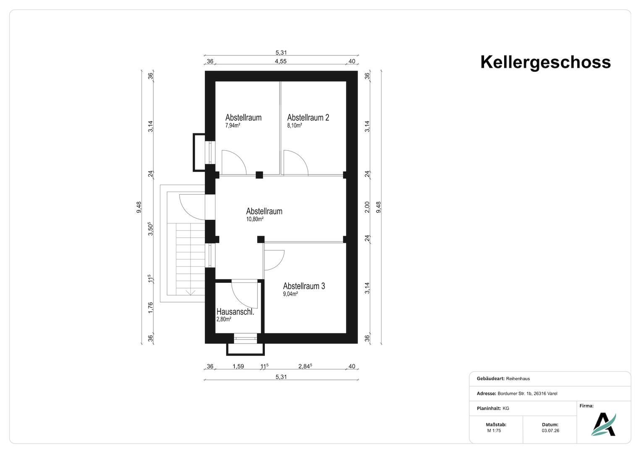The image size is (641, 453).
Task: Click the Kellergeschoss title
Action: pyautogui.click(x=545, y=62)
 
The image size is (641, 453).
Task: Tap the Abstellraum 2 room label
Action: pyautogui.click(x=308, y=117)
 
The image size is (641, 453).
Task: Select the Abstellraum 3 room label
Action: pyautogui.click(x=304, y=286)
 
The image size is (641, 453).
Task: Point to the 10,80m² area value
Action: pyautogui.click(x=255, y=219)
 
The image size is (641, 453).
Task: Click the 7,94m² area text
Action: pyautogui.click(x=233, y=125)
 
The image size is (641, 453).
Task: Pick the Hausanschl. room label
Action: pyautogui.click(x=235, y=312)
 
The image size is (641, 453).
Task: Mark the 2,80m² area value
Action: pyautogui.click(x=224, y=319)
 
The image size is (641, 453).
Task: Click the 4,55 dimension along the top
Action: pyautogui.click(x=281, y=61)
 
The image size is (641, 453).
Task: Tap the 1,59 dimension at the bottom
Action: pyautogui.click(x=238, y=366)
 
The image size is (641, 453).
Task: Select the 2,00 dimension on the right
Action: pyautogui.click(x=367, y=207)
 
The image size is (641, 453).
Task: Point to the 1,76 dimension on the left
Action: pyautogui.click(x=151, y=308)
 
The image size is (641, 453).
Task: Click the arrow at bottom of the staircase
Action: pyautogui.click(x=191, y=293)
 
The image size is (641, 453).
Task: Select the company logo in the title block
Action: pyautogui.click(x=604, y=424)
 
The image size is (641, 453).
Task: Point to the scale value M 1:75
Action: pyautogui.click(x=494, y=431)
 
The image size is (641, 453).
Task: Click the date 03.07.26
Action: pyautogui.click(x=550, y=431)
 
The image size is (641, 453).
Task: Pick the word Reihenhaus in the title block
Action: pyautogui.click(x=518, y=379)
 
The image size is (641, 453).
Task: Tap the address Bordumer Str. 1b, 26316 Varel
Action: pyautogui.click(x=527, y=393)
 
